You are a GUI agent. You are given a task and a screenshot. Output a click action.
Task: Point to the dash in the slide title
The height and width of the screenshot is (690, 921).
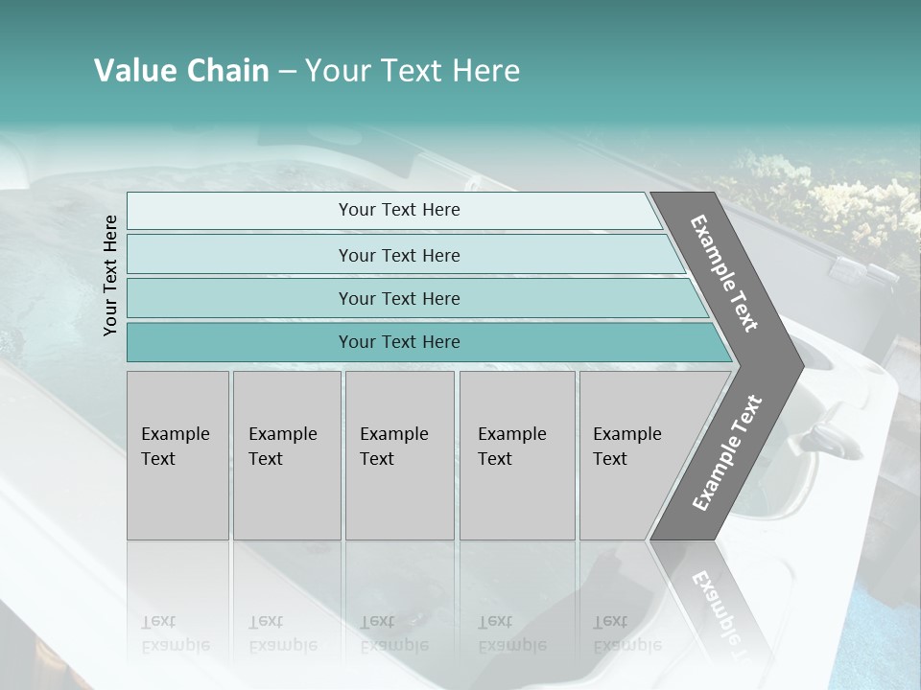point(287,72)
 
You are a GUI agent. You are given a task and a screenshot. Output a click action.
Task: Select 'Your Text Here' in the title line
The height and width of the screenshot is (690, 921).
point(413,71)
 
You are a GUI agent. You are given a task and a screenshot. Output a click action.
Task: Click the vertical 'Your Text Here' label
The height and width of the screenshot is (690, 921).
point(110,275)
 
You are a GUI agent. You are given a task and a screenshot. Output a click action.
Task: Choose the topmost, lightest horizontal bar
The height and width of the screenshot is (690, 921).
point(399,210)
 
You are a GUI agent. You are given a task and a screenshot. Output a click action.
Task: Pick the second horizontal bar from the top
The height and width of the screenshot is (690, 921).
point(399,255)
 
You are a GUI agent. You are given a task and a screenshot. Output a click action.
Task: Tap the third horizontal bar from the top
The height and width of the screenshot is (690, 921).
point(399,298)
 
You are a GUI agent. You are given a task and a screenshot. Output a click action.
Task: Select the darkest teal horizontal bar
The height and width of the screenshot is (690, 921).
point(399,342)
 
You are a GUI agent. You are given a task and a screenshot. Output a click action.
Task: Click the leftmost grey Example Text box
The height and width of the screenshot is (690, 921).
point(177,455)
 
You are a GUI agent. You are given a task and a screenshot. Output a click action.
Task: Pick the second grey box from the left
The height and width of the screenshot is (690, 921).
point(287,455)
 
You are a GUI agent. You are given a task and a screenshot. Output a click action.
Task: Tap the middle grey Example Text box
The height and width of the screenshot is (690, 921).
point(399,455)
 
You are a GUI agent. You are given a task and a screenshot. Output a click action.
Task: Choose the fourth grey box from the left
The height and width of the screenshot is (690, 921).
point(517,455)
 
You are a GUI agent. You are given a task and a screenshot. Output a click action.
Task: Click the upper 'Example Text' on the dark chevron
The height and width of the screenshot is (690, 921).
point(724,273)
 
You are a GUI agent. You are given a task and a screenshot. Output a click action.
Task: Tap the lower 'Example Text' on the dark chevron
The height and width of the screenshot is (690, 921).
point(727,452)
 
